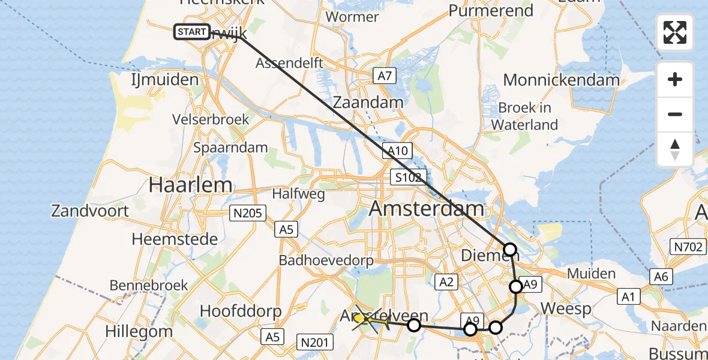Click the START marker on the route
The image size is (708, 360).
[x=192, y=32]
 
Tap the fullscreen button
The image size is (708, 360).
[x=675, y=32]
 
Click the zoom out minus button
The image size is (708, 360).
[x=675, y=115]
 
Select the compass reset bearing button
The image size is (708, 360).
[x=675, y=149]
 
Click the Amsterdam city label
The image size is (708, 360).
[x=427, y=209]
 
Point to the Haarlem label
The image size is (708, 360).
[x=190, y=185]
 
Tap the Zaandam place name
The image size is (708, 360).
[x=368, y=102]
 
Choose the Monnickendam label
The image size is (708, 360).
[x=561, y=80]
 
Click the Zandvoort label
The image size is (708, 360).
[x=90, y=211]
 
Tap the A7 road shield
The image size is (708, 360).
[x=385, y=76]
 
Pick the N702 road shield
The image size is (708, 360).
[x=686, y=246]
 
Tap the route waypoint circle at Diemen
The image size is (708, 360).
[x=509, y=249]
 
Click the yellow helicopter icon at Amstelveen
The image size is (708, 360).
[x=365, y=319]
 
